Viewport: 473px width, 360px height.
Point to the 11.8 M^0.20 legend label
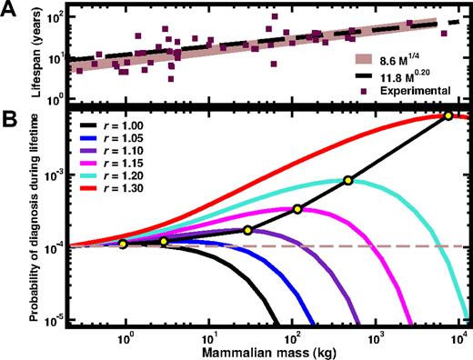click(x=409, y=76)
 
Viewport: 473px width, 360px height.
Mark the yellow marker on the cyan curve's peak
click(x=348, y=181)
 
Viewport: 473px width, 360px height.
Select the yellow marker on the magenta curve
click(x=297, y=209)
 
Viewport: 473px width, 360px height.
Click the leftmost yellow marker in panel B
click(x=124, y=244)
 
